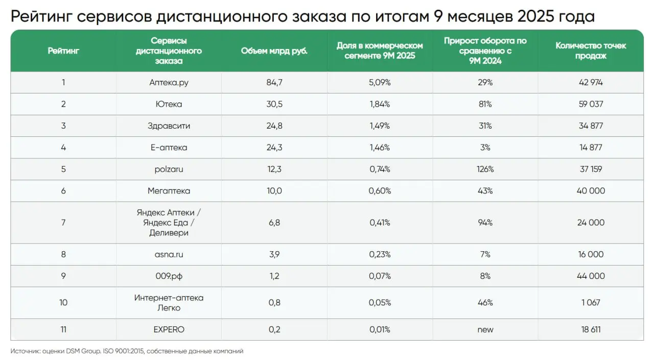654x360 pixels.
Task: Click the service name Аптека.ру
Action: [169, 83]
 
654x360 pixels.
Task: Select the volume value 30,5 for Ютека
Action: [274, 104]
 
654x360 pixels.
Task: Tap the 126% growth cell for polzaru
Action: [485, 169]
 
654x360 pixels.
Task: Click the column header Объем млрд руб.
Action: [274, 51]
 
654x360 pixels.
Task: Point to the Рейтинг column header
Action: [63, 51]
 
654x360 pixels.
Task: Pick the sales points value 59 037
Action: [591, 104]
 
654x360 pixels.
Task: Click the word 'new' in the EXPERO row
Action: [485, 330]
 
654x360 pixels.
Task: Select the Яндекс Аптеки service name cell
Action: [169, 223]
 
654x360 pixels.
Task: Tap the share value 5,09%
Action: [380, 83]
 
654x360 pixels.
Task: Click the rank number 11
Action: [63, 330]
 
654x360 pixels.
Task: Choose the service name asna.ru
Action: [169, 254]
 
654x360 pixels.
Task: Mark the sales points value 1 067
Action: [591, 303]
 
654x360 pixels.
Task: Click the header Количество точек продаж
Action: [591, 51]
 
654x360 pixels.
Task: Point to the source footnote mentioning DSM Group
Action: [127, 351]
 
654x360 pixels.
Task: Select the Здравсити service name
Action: [169, 126]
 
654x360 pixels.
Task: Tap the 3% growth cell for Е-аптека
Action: [485, 148]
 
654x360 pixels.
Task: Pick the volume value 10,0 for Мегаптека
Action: [274, 191]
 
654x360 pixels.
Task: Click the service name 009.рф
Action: [169, 276]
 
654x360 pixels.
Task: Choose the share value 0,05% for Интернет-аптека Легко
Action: [380, 303]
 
